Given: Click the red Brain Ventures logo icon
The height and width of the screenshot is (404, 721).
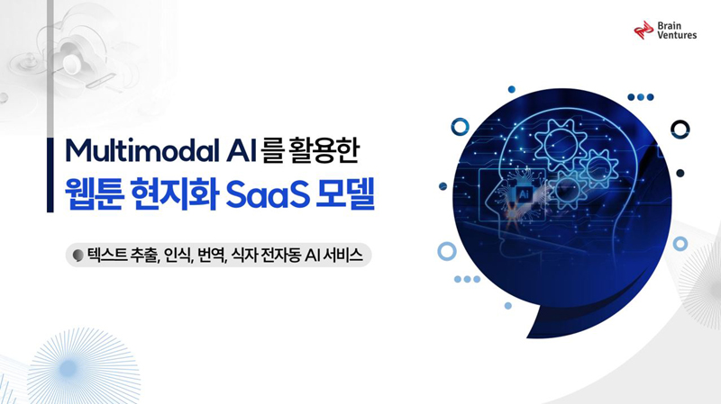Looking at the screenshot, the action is [x=643, y=31].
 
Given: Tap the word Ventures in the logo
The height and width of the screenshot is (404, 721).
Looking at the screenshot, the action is [x=677, y=35].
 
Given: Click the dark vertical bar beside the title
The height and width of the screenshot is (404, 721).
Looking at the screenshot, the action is [x=50, y=175].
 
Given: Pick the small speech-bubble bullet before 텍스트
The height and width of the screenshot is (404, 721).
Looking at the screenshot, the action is [x=78, y=256].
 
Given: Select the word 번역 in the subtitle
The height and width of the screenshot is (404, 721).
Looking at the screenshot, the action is [x=211, y=255].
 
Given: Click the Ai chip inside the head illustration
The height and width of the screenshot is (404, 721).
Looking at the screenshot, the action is [x=524, y=194].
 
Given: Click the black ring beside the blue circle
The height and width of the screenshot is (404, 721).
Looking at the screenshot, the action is [x=680, y=130].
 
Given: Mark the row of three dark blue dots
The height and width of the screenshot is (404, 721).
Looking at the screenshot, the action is [x=641, y=97].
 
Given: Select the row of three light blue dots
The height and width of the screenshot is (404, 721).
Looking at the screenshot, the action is [x=467, y=279].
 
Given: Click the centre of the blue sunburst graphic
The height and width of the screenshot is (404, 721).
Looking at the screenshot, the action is [x=69, y=367].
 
